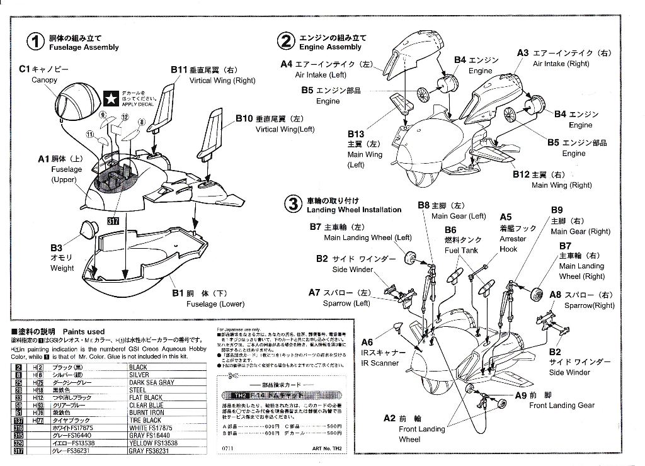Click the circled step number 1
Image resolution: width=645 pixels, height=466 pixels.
[36, 42]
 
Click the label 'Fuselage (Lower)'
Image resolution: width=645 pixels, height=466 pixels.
[215, 304]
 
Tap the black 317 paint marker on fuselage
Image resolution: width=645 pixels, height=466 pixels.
[113, 221]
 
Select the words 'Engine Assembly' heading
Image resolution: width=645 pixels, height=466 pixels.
[330, 47]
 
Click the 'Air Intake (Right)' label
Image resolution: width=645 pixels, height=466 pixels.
[561, 64]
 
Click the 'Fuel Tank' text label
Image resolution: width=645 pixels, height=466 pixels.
[461, 250]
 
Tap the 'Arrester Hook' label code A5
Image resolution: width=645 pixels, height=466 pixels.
[505, 217]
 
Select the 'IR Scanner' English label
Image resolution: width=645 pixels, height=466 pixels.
[380, 363]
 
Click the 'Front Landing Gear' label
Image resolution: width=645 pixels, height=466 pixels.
[561, 406]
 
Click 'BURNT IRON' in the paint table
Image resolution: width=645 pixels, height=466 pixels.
[146, 412]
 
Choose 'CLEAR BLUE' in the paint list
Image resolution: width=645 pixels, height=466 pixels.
[146, 405]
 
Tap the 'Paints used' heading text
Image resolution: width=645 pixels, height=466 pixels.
[84, 332]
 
